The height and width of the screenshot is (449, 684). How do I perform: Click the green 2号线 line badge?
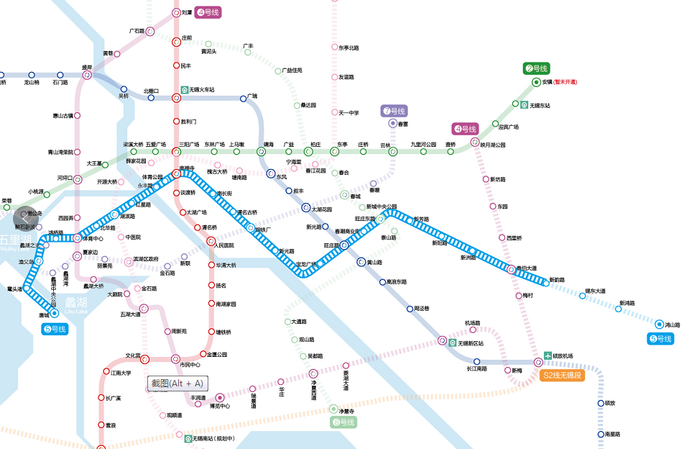536,69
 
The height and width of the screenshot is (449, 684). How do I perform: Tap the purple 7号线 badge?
394,111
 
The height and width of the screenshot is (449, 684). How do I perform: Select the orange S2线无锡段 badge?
563,376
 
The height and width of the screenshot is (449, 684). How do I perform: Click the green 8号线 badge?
344,422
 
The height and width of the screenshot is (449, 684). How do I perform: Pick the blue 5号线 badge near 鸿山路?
661,339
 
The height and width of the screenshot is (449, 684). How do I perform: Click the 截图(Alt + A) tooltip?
177,384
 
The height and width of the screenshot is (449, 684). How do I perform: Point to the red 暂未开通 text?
565,82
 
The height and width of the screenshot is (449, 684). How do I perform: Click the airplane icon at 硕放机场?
546,355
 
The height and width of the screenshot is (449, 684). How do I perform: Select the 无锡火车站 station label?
201,90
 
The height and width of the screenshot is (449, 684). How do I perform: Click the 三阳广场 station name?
189,145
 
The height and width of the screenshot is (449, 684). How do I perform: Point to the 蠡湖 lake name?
75,301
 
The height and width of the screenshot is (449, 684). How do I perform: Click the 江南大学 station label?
121,373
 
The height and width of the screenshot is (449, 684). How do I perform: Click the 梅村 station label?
528,295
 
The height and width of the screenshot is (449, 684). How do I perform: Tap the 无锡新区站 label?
470,343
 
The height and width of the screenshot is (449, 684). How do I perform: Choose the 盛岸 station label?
87,65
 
